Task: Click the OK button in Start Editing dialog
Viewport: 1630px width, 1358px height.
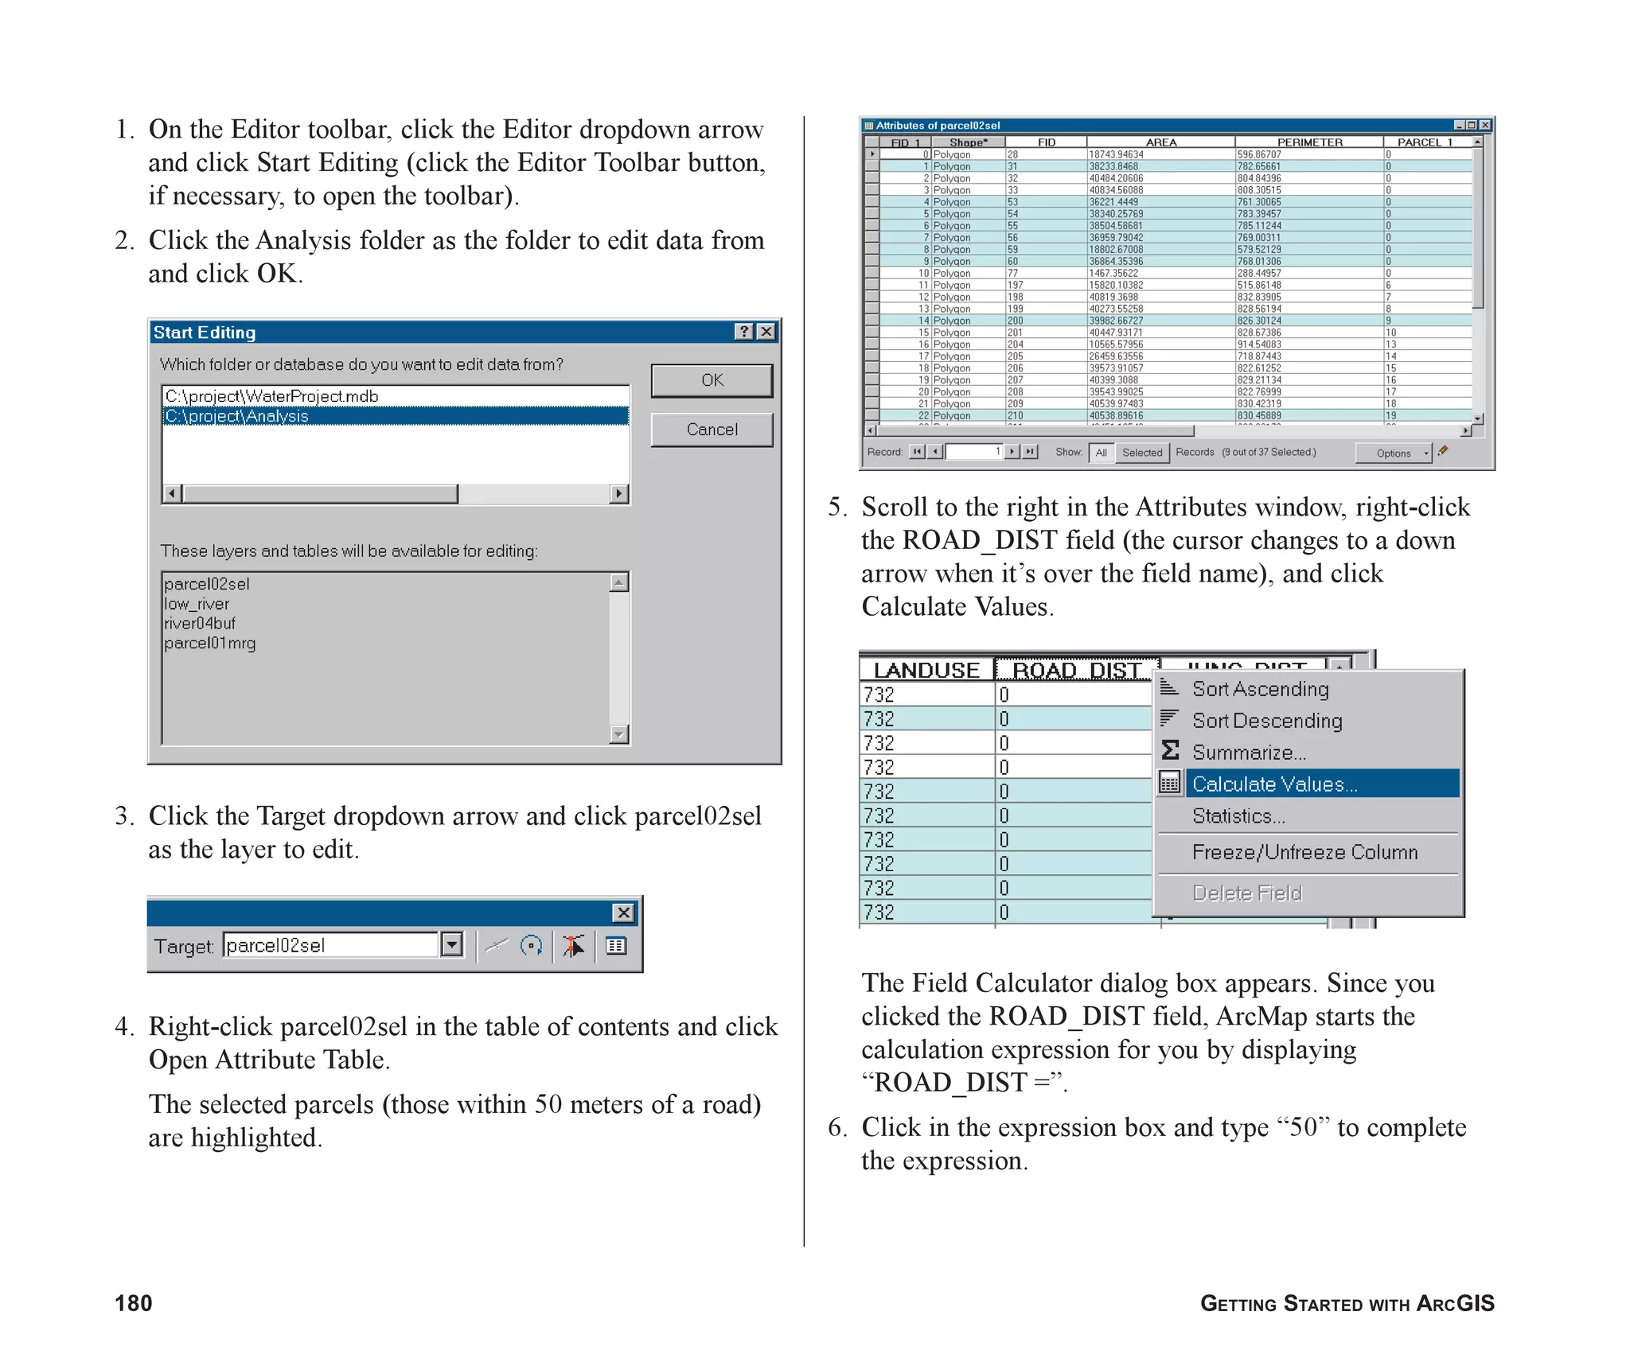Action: tap(712, 380)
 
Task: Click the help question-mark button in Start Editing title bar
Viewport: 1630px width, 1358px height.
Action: tap(743, 332)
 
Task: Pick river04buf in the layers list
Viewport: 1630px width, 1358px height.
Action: tap(200, 623)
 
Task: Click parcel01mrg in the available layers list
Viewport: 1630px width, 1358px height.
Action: tap(210, 643)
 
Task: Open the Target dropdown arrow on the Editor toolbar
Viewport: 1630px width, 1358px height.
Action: tap(452, 944)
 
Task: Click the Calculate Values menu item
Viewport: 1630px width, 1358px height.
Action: tap(1274, 784)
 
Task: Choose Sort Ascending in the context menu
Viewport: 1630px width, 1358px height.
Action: tap(1260, 689)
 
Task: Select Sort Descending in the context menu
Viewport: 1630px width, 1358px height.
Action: tap(1267, 721)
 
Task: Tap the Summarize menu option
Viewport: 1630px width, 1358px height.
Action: tap(1249, 753)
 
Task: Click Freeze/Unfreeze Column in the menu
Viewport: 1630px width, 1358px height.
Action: tap(1304, 852)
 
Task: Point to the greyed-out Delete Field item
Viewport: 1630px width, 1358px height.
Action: tap(1247, 893)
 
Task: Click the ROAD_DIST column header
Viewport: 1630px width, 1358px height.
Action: tap(1077, 670)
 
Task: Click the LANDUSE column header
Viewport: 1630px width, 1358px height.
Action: tap(926, 670)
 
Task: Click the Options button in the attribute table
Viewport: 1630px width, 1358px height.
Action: tap(1393, 453)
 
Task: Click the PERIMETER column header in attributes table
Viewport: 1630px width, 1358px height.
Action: tap(1309, 142)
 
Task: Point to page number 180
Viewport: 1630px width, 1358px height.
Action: tap(134, 1303)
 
